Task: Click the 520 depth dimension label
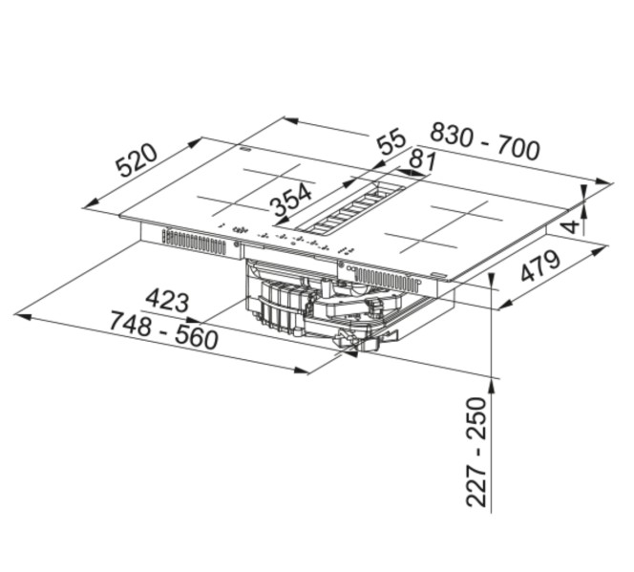[137, 161]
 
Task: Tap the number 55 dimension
[391, 143]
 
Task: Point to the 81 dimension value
[420, 159]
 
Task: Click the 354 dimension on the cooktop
[290, 201]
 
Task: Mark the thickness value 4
[570, 224]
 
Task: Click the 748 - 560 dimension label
[163, 330]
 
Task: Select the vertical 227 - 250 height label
[476, 451]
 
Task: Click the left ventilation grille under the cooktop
[193, 242]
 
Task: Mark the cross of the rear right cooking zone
[467, 211]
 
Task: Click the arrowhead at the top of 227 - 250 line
[492, 383]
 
